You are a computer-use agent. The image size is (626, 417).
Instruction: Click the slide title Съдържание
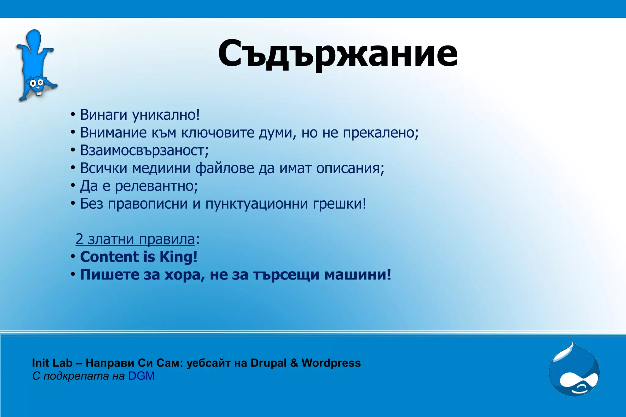coord(337,54)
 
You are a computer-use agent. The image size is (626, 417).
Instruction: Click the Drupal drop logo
coord(574,370)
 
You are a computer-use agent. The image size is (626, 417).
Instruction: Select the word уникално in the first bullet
coord(166,115)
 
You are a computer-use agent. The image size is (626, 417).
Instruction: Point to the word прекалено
coord(380,133)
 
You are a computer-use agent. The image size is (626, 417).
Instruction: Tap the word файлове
coord(225,168)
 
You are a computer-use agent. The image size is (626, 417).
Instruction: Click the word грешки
coord(339,204)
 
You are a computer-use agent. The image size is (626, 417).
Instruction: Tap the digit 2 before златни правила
coord(79,239)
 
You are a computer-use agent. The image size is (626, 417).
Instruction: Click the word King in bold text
coord(178,257)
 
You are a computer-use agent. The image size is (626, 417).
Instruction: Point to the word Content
coord(109,257)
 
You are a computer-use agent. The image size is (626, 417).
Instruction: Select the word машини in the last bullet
coord(357,274)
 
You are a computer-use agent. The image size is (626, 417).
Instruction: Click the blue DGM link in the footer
coord(141,376)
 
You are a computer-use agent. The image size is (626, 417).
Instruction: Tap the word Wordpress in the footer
coord(331,363)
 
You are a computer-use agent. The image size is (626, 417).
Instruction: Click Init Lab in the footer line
coord(52,363)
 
